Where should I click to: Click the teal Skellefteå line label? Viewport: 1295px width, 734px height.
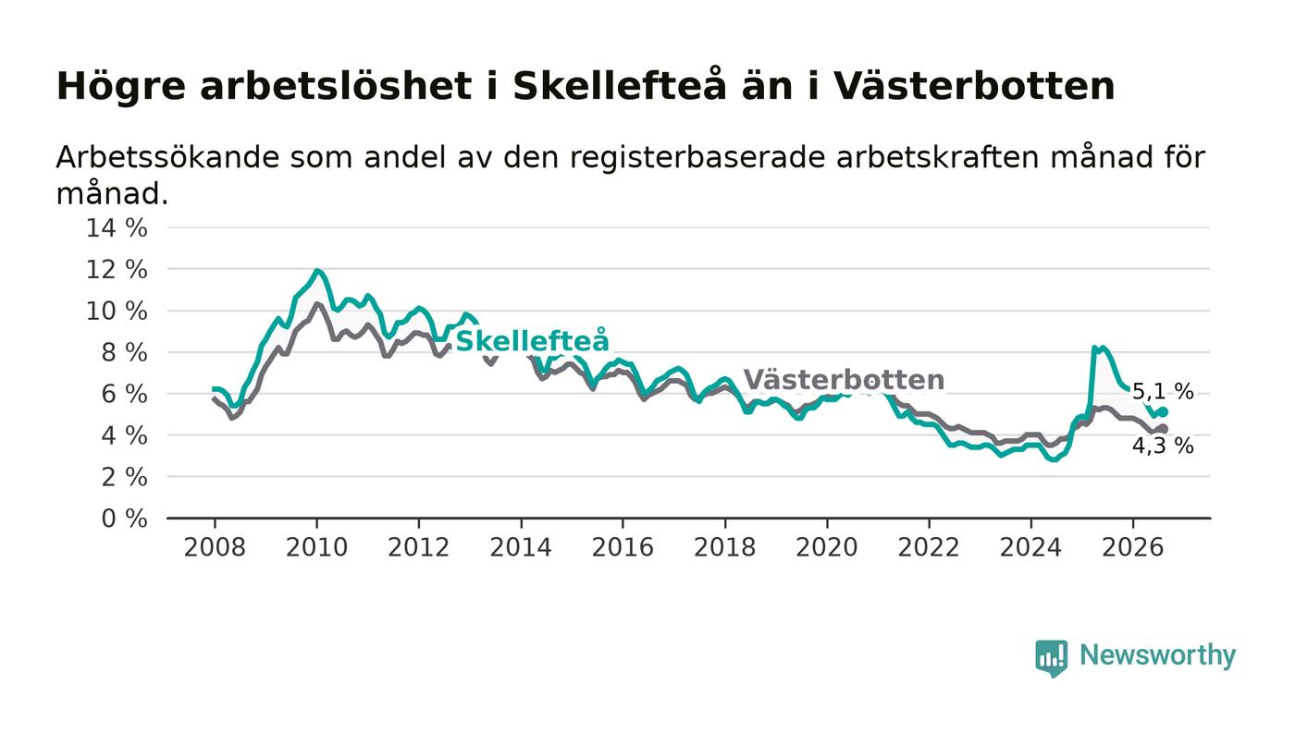click(x=533, y=340)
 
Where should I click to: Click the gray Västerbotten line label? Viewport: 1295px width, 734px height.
click(x=844, y=380)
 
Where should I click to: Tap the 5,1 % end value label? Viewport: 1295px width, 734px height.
click(x=1163, y=392)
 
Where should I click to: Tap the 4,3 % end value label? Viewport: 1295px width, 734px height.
click(x=1163, y=446)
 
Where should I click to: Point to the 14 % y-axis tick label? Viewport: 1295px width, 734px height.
click(x=117, y=227)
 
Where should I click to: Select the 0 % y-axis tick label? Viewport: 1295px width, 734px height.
click(x=124, y=519)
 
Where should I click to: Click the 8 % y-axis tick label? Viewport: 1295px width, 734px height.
click(x=124, y=352)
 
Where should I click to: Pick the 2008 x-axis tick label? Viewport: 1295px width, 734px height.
click(x=215, y=547)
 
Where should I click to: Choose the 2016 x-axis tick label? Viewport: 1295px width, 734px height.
click(x=623, y=547)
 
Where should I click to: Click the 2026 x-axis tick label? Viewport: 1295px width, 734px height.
click(x=1132, y=547)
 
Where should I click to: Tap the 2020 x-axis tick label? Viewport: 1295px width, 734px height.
click(x=827, y=547)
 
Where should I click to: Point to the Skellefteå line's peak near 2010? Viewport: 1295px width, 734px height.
click(x=316, y=270)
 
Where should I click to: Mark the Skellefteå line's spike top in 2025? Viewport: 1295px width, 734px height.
click(x=1094, y=348)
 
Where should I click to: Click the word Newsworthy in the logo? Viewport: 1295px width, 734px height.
click(x=1157, y=654)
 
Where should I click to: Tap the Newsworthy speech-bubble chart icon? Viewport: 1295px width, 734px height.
click(x=1051, y=658)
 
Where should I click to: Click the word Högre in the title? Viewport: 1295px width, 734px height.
click(x=121, y=87)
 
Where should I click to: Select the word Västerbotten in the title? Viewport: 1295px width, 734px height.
click(x=974, y=86)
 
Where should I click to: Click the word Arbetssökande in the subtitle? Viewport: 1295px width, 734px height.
click(x=167, y=157)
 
